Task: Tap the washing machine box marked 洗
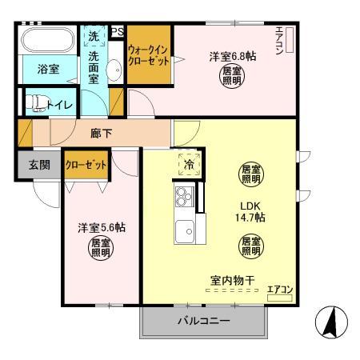click(x=94, y=37)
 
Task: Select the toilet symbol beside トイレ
click(x=33, y=103)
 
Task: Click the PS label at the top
click(x=118, y=32)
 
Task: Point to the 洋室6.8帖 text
click(x=233, y=57)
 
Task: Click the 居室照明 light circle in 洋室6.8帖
click(x=233, y=78)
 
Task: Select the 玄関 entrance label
click(x=39, y=165)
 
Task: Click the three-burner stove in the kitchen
click(x=185, y=195)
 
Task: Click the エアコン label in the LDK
click(x=279, y=290)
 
